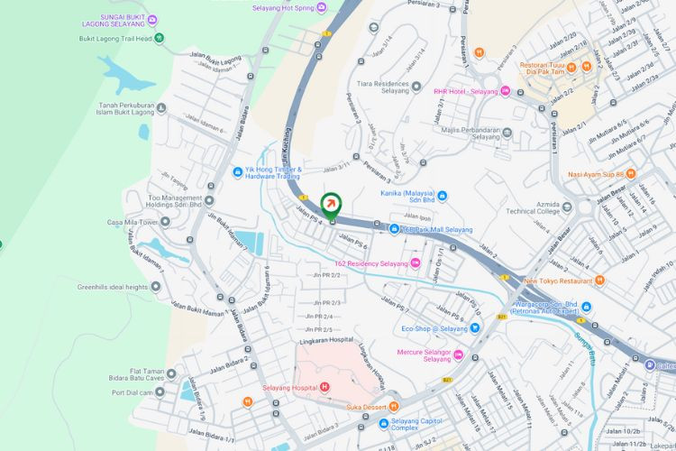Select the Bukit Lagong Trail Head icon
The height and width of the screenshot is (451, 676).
click(x=159, y=38)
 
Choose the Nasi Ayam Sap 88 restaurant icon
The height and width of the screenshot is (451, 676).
click(x=631, y=173)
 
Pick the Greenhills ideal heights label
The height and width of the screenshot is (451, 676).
click(x=112, y=287)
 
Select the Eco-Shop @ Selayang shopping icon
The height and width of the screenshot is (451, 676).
click(x=476, y=328)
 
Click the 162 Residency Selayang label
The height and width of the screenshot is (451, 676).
click(x=370, y=263)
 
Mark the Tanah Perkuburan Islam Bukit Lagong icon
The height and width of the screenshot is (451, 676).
click(x=160, y=108)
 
